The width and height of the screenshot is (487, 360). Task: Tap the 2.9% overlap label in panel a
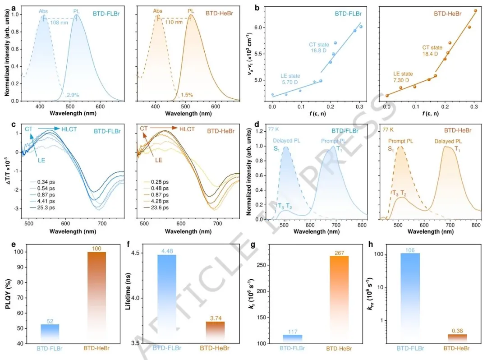coord(74,95)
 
